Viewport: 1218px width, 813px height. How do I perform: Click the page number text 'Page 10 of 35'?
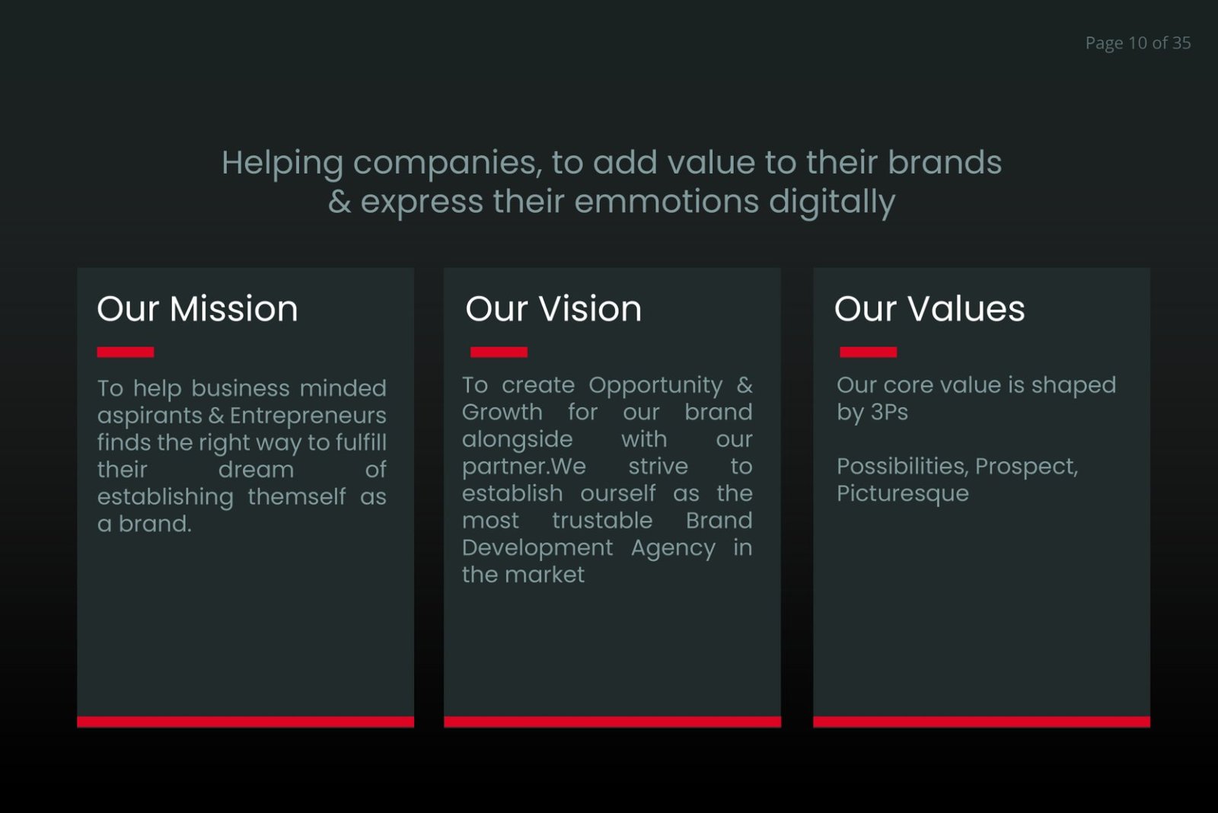[x=1137, y=43]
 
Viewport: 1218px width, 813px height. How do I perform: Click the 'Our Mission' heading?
[x=197, y=309]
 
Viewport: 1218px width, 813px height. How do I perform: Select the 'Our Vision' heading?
[x=553, y=309]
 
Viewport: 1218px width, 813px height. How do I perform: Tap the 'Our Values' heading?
[x=929, y=309]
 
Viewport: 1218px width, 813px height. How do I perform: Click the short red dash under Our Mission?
[x=126, y=352]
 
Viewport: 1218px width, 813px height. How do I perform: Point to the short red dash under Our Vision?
[x=499, y=352]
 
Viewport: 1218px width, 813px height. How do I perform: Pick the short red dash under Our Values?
[x=868, y=352]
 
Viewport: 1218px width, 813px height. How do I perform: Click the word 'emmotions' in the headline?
[x=666, y=202]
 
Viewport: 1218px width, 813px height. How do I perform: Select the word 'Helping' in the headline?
[x=282, y=164]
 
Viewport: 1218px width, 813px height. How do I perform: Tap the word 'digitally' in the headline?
[x=831, y=202]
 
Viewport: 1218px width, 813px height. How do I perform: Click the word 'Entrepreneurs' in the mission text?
[x=308, y=416]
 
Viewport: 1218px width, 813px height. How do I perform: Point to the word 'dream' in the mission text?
[x=256, y=470]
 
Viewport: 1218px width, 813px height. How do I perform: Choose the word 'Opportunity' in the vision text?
[x=655, y=385]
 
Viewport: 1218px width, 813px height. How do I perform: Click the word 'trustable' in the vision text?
[x=602, y=521]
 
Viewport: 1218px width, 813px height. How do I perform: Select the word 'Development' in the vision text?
[x=537, y=548]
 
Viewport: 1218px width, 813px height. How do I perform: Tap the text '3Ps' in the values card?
[x=889, y=413]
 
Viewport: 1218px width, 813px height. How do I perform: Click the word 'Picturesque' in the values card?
[x=903, y=494]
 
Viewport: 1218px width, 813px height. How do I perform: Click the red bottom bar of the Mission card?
[x=246, y=722]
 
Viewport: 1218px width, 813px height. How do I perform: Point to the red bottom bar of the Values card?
[x=981, y=722]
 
